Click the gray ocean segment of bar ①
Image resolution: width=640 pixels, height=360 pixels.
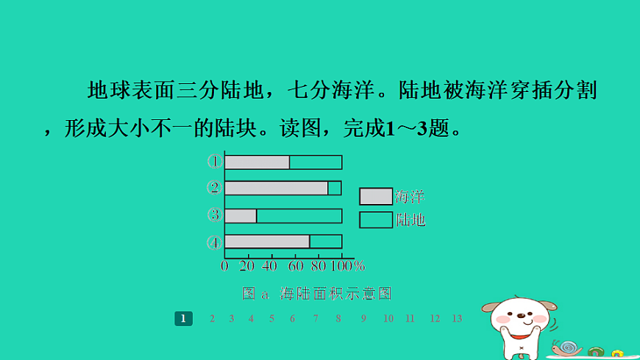(x=257, y=163)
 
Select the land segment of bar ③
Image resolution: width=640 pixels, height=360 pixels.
(x=299, y=216)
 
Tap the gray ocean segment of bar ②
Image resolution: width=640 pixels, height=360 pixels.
(x=276, y=188)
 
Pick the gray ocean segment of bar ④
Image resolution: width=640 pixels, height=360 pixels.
(x=267, y=241)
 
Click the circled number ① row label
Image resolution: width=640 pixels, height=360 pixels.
(x=214, y=161)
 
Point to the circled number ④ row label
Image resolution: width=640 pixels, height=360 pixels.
(x=214, y=242)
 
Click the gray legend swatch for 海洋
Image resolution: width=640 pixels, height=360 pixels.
(x=375, y=197)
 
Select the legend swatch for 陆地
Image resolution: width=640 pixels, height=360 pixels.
(x=375, y=219)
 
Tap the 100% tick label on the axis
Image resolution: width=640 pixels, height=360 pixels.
(x=349, y=265)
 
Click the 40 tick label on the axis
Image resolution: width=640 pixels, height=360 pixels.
(x=269, y=265)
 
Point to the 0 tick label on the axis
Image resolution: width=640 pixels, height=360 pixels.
(x=224, y=265)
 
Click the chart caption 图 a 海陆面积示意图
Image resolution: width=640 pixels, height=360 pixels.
(x=316, y=293)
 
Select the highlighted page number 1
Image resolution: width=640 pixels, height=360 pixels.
(x=183, y=318)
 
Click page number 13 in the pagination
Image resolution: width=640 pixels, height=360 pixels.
(x=457, y=318)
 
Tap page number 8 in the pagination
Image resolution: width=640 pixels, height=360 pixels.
(x=338, y=318)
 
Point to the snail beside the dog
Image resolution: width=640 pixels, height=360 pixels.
(x=567, y=347)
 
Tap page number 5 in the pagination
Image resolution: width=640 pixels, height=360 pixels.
(x=271, y=318)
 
